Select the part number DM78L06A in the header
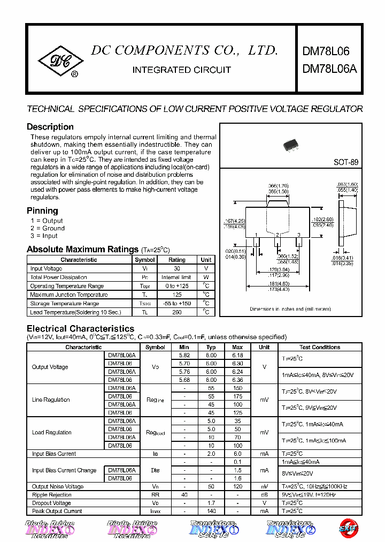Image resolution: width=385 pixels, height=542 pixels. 329,69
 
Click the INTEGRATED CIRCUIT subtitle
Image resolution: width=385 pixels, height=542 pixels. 181,70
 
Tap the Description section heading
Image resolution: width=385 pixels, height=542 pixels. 50,127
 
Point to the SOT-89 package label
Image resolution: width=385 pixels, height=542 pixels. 346,162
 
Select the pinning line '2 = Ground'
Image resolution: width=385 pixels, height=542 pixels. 47,228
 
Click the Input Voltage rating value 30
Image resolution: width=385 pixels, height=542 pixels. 176,269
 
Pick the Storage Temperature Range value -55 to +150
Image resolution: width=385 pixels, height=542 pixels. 176,304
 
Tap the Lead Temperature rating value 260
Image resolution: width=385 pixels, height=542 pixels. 176,312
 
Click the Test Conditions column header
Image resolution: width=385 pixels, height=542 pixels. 320,347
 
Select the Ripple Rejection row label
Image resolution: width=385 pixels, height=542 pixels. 52,495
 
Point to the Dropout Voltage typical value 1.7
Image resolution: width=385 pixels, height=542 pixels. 211,503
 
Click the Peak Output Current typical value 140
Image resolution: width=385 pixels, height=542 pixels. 211,511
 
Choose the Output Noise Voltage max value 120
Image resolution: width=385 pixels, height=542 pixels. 237,486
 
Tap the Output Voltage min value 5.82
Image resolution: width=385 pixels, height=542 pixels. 184,355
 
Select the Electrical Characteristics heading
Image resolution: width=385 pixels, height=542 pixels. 80,328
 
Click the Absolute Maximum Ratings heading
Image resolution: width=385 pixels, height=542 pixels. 82,249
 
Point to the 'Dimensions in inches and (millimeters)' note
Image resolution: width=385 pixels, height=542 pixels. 290,309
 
